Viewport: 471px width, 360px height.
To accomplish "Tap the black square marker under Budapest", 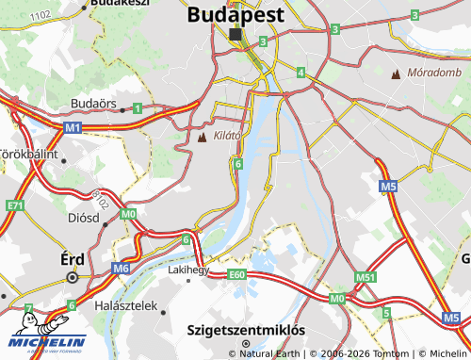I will (235, 33).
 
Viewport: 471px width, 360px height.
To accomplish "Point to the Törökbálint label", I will (28, 153).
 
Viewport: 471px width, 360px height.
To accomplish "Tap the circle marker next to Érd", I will (72, 278).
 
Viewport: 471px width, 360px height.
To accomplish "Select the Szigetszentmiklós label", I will (246, 331).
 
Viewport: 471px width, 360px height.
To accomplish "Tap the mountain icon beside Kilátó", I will (202, 138).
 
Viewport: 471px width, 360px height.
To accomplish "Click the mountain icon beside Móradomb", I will (396, 73).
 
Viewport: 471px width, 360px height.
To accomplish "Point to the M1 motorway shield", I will (73, 125).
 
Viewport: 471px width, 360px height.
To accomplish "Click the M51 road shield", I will (365, 277).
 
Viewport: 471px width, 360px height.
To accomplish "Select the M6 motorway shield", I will (120, 269).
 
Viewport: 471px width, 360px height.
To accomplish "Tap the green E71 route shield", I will (13, 205).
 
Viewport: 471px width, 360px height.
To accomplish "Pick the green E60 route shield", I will (236, 275).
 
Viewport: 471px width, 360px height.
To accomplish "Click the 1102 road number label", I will (41, 16).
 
